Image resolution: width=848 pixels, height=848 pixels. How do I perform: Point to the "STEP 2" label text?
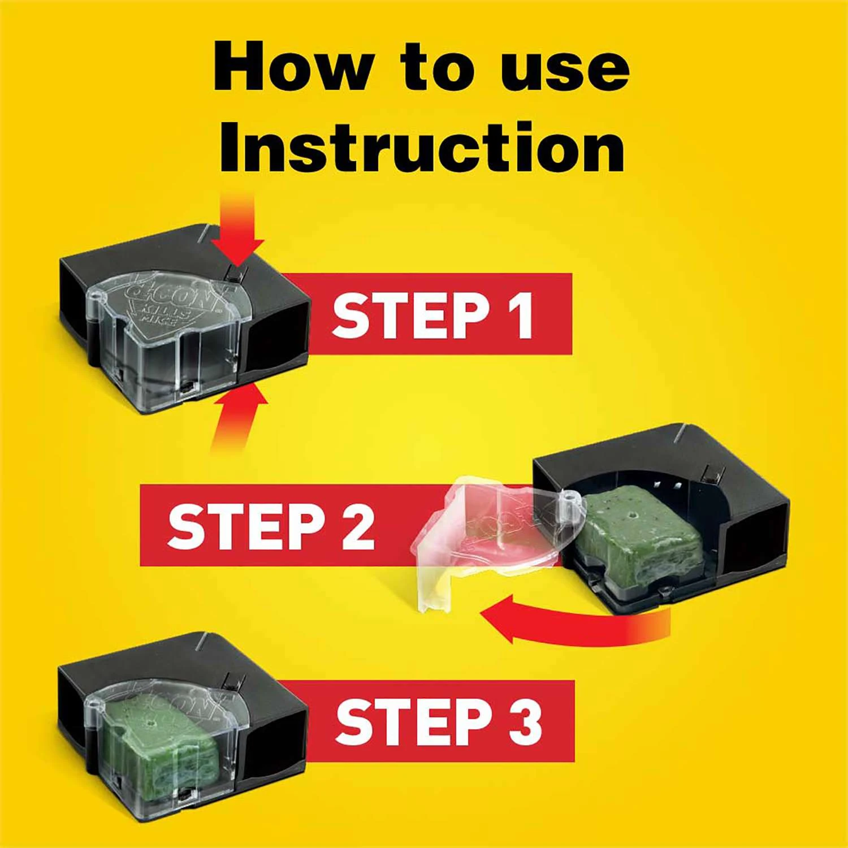[x=271, y=526]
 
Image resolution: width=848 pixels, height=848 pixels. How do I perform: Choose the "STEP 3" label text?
[x=439, y=721]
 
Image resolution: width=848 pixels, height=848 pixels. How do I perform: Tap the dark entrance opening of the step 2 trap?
[x=752, y=543]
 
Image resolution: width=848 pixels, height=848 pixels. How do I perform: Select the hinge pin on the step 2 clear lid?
[x=568, y=497]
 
